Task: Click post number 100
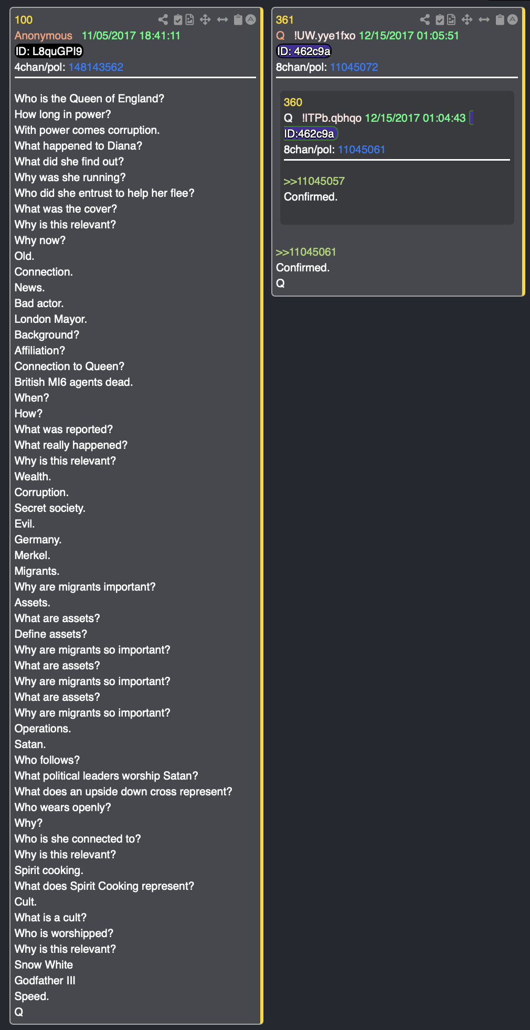pos(24,20)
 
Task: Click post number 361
pos(285,20)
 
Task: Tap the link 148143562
pos(96,67)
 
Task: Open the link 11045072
pos(354,67)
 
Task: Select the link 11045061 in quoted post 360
pos(362,150)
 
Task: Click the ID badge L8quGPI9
pos(49,51)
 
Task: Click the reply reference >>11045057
pos(314,181)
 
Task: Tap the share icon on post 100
pos(163,20)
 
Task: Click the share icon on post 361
pos(425,20)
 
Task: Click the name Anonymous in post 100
pos(44,36)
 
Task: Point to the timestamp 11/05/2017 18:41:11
pos(131,36)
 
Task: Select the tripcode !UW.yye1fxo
pos(325,36)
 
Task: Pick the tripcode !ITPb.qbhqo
pos(332,118)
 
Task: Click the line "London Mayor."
pos(51,319)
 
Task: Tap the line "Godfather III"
pos(45,981)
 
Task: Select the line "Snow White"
pos(44,965)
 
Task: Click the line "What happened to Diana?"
pos(79,146)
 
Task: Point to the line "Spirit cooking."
pos(49,870)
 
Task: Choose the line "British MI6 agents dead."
pos(74,382)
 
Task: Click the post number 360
pos(293,102)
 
